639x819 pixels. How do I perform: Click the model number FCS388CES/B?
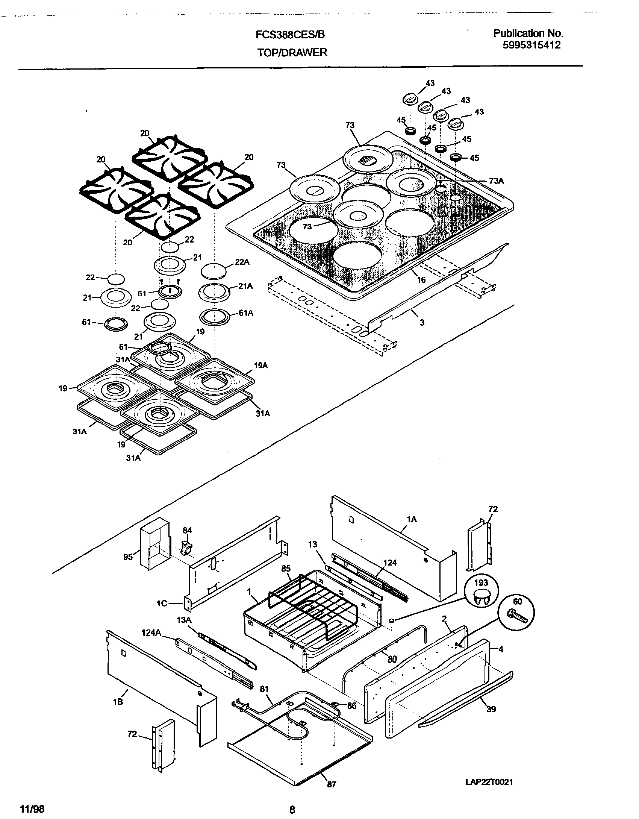coord(290,35)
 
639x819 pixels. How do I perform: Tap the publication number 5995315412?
coord(531,45)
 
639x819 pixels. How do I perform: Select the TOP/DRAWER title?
coord(292,53)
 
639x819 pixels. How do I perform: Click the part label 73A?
coord(496,181)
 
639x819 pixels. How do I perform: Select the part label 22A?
coord(242,262)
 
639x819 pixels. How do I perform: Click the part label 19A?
coord(260,365)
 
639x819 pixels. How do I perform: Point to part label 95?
coord(128,557)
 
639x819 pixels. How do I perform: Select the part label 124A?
coord(151,633)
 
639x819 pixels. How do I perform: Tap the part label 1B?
coord(118,702)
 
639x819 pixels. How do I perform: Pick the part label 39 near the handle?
coord(491,709)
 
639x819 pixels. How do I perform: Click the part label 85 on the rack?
coord(286,569)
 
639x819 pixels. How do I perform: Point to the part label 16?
coord(421,279)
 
